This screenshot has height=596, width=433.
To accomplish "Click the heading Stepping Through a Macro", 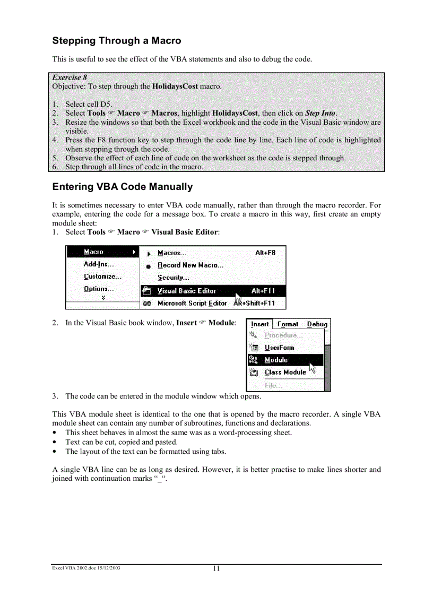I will [x=116, y=41].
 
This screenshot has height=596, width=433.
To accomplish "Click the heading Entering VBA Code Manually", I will [x=122, y=187].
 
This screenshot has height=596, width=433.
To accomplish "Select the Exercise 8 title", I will [x=70, y=77].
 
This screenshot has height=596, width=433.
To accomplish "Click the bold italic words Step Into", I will [x=320, y=113].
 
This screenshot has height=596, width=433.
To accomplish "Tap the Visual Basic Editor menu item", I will [x=187, y=291].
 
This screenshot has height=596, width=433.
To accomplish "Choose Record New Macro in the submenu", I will [x=190, y=265].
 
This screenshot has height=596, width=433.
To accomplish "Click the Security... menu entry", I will [x=173, y=278].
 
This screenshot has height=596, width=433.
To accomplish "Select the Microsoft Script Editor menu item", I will [x=192, y=304].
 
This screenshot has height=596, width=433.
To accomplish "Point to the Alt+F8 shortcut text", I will [x=265, y=253].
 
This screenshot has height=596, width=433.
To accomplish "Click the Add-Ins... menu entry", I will [x=99, y=264].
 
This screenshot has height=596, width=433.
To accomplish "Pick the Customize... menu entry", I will [x=102, y=277].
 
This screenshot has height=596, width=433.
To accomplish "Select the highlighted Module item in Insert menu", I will [x=276, y=360].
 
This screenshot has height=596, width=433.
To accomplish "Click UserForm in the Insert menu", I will [x=279, y=348].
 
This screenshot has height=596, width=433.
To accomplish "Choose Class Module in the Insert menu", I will [x=285, y=372].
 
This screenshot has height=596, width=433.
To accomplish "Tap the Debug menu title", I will [x=317, y=324].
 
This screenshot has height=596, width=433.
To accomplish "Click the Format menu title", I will [x=288, y=324].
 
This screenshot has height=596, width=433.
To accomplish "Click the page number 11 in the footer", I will [x=216, y=569].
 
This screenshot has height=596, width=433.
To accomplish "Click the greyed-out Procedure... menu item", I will [x=283, y=335].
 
